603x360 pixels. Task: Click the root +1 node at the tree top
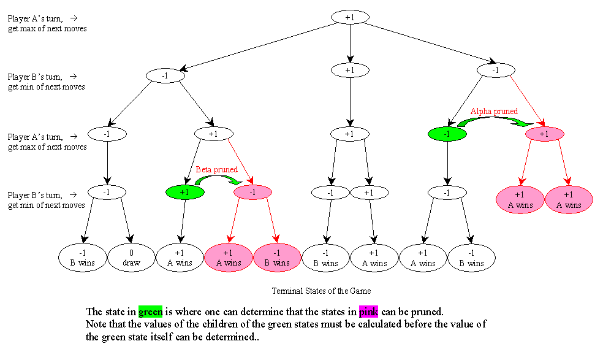point(349,17)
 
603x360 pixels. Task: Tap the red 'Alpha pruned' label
point(494,112)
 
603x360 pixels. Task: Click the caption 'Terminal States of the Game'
point(321,291)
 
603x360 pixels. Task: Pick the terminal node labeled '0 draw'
point(131,258)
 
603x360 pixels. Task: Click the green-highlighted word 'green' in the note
point(150,311)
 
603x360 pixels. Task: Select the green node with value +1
point(184,192)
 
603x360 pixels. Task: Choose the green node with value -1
point(447,134)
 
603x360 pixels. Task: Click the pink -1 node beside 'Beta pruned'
point(253,192)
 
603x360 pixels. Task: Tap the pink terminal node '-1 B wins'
point(277,258)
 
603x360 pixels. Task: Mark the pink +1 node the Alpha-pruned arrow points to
point(544,134)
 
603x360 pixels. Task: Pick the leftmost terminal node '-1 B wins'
point(83,258)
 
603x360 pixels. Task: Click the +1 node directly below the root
point(349,70)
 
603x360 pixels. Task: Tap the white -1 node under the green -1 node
point(447,192)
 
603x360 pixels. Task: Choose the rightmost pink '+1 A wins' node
point(569,200)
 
